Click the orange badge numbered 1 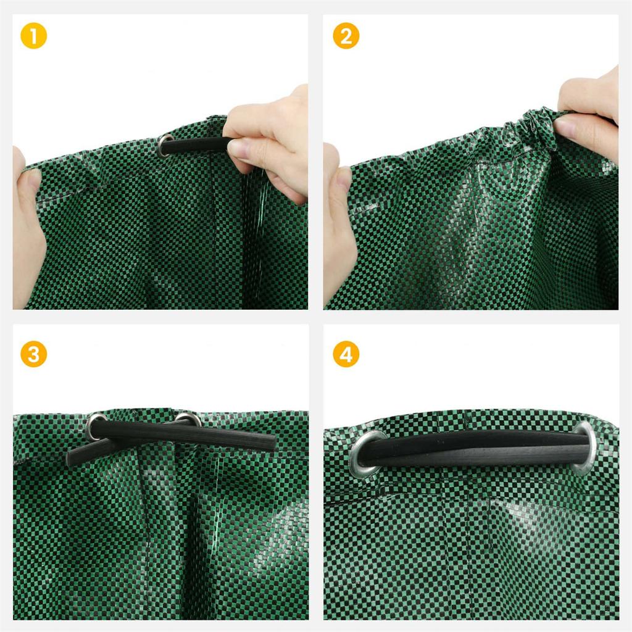coord(33,36)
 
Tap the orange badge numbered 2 coord(346,36)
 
